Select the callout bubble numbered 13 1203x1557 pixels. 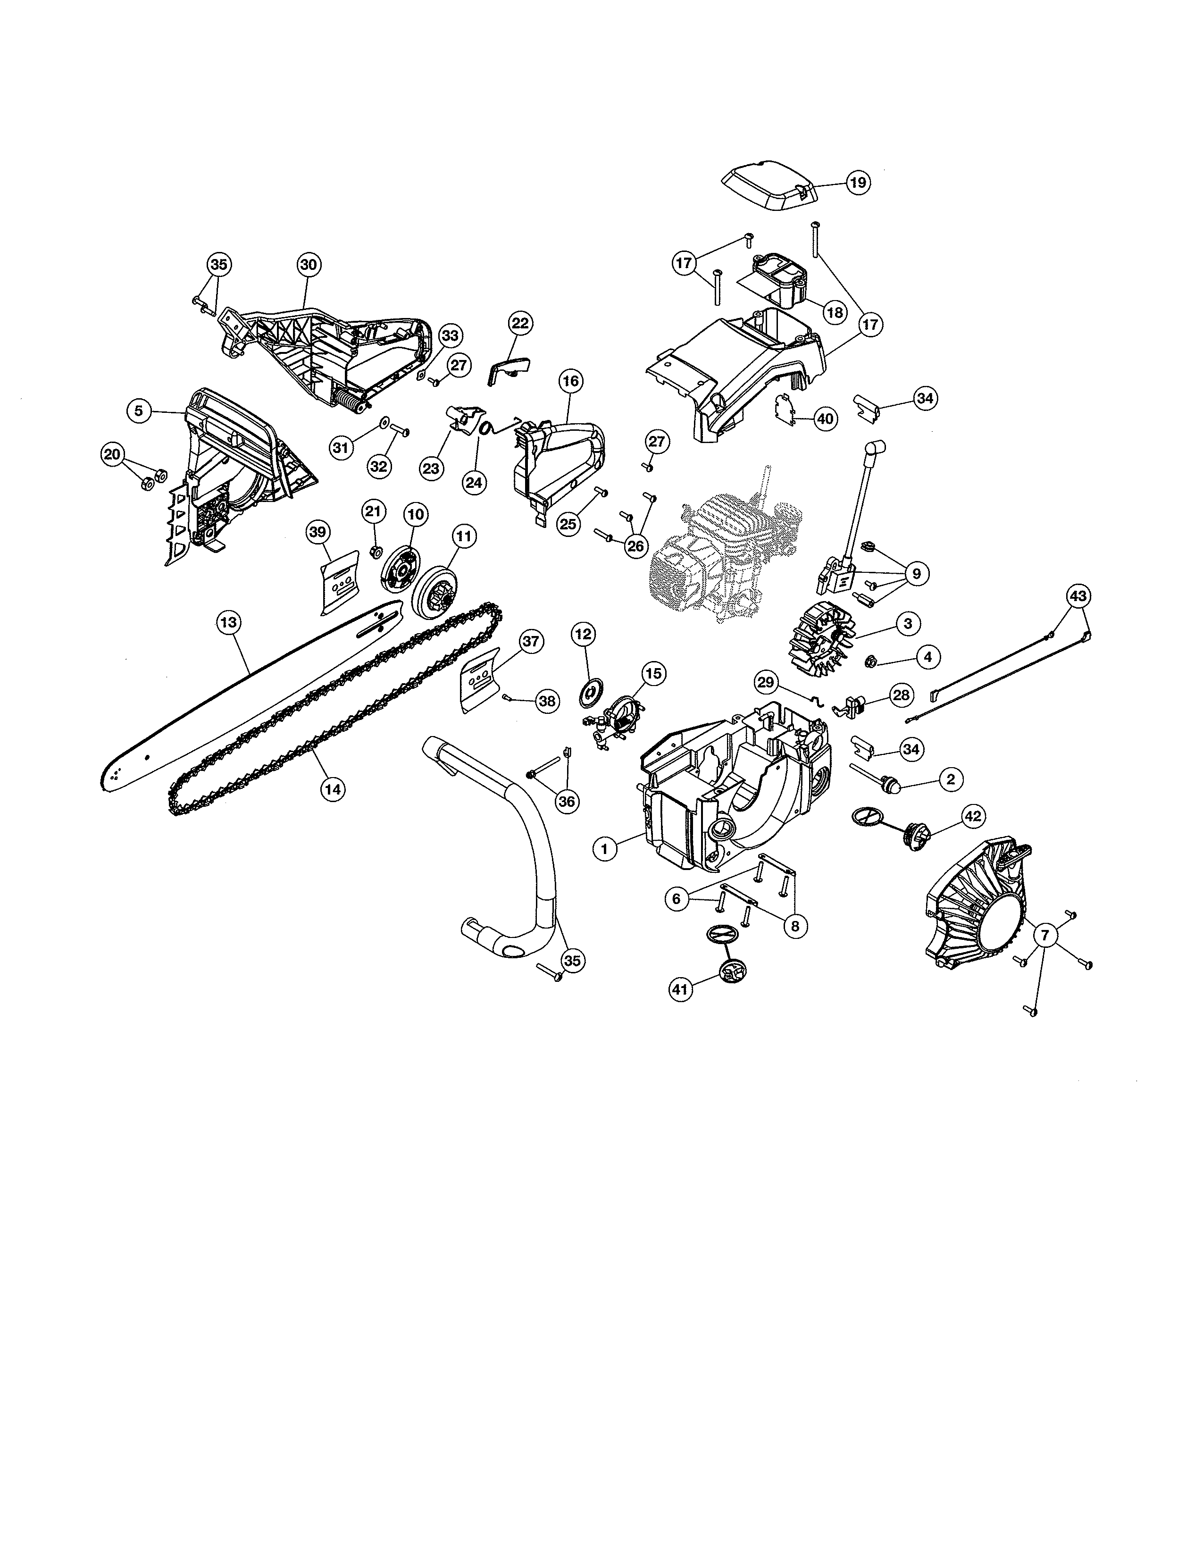coord(228,622)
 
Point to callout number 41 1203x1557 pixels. coord(681,989)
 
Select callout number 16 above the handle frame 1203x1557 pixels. coord(570,381)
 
